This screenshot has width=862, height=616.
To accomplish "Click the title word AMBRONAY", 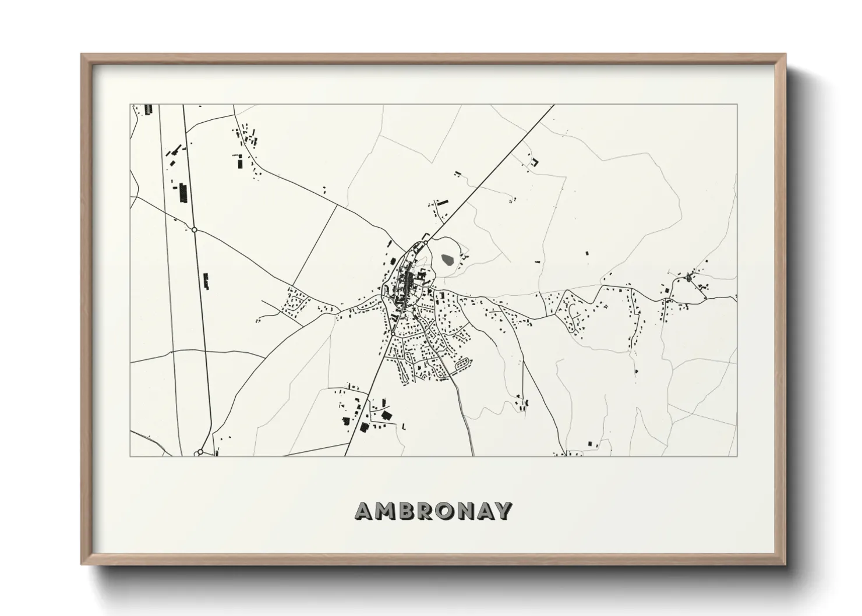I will tap(434, 511).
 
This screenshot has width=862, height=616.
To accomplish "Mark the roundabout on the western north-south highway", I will tap(195, 230).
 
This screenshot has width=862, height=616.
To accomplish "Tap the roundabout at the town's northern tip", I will tap(426, 242).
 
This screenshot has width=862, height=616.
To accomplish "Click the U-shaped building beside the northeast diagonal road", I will tap(532, 162).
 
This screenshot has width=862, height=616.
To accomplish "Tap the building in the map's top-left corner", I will tap(148, 109).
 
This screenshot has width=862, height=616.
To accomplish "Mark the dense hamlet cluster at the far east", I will tap(691, 277).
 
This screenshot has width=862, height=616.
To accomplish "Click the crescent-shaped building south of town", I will tap(527, 402).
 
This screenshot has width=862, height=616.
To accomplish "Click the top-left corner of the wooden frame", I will tap(82, 55).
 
